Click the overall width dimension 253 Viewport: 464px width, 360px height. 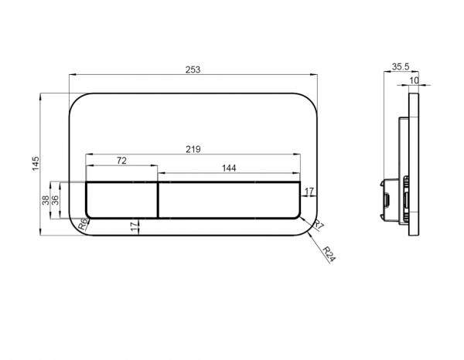coord(193,70)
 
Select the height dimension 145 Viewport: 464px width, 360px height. coord(36,164)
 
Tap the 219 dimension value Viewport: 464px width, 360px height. coord(193,149)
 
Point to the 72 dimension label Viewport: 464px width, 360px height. coord(121,161)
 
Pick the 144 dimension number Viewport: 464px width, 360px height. coord(229,168)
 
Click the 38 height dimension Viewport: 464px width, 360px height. coord(46,200)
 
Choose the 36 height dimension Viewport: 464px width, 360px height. coord(55,200)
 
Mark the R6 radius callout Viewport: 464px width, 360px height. coord(84,225)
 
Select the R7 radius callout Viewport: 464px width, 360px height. coord(319,225)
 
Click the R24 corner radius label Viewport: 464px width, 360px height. coord(329,254)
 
